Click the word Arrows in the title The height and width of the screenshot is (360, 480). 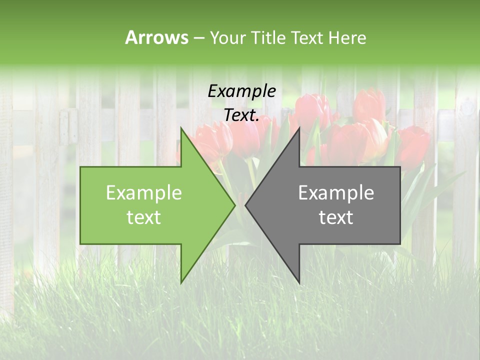(x=156, y=37)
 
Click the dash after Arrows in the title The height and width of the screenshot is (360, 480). (x=198, y=38)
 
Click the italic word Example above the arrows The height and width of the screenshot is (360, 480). (x=241, y=91)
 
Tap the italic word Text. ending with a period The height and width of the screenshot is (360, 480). (x=241, y=115)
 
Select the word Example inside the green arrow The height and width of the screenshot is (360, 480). (x=144, y=192)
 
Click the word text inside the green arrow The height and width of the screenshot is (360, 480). (x=144, y=217)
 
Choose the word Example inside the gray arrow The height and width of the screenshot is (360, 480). (x=336, y=192)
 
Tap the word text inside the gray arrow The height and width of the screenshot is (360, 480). (x=336, y=217)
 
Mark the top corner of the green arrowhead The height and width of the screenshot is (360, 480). (x=181, y=128)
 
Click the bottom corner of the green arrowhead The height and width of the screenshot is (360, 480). (x=181, y=282)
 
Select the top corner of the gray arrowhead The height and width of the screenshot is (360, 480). (x=299, y=128)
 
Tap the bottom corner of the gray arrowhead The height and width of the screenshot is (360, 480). (x=299, y=282)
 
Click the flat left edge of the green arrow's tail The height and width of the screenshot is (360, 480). (x=80, y=205)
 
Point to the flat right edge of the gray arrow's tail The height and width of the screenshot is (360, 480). (x=400, y=205)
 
